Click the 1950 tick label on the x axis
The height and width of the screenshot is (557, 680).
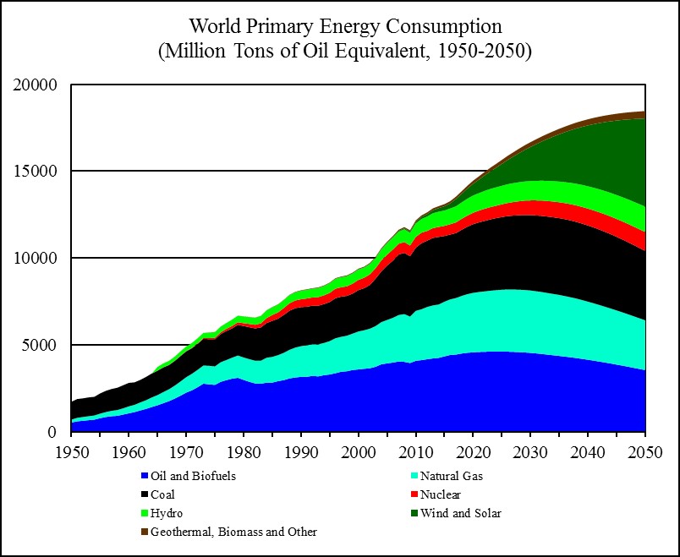pyautogui.click(x=71, y=450)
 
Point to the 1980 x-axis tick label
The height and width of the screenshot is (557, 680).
pyautogui.click(x=244, y=450)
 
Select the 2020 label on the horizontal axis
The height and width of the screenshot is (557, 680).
pyautogui.click(x=474, y=450)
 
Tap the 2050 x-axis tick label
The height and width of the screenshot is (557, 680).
pyautogui.click(x=645, y=450)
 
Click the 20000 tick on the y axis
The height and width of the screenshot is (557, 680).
pyautogui.click(x=36, y=85)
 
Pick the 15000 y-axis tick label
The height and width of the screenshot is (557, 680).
pyautogui.click(x=36, y=172)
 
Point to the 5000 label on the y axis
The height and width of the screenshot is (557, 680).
pyautogui.click(x=40, y=345)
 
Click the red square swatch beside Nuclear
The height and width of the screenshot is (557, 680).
pyautogui.click(x=412, y=494)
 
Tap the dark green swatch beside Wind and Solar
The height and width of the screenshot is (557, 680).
pyautogui.click(x=412, y=513)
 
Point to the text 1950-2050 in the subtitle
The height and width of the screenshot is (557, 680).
pyautogui.click(x=476, y=51)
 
